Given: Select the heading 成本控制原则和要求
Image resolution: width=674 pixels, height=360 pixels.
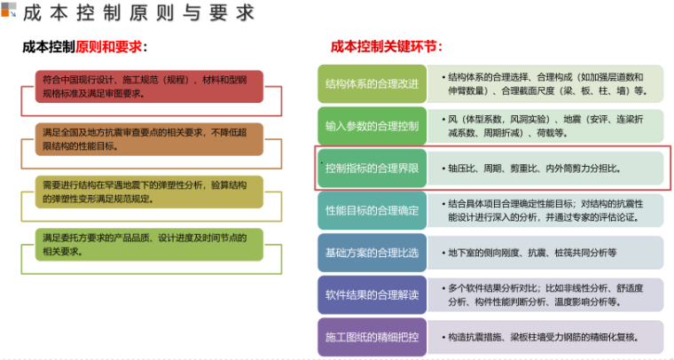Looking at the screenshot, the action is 84,46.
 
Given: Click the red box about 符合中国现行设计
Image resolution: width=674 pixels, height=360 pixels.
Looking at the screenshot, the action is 150,86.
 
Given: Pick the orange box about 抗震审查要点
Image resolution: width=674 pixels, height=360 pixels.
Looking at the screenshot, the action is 150,139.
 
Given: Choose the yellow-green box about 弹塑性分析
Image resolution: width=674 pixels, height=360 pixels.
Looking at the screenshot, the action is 150,192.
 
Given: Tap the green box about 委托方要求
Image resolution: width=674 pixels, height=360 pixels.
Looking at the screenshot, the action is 150,244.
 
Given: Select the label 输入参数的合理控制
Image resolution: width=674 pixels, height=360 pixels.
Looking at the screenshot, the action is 372,125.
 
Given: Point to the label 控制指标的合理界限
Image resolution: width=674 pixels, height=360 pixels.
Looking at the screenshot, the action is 372,168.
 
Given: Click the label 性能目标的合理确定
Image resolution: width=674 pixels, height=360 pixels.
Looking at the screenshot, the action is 372,210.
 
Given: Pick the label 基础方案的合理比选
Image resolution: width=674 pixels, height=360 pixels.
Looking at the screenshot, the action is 372,253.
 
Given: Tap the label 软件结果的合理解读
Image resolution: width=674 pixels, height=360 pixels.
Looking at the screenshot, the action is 372,295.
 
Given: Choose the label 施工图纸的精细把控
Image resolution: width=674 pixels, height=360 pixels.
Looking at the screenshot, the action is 372,337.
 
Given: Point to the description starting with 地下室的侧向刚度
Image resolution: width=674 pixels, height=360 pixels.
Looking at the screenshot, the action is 532,253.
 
